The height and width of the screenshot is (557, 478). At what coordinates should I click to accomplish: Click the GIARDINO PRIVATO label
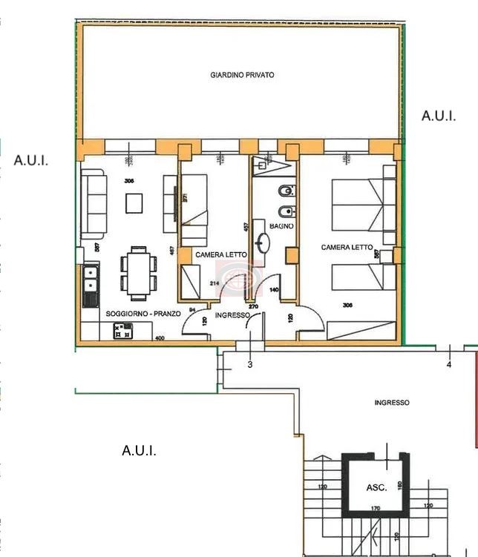click(242, 76)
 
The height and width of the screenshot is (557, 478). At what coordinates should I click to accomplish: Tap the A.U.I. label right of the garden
click(438, 116)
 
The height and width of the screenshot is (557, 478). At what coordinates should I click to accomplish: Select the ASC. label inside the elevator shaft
click(376, 488)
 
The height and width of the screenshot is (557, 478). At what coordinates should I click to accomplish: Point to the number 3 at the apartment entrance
click(249, 364)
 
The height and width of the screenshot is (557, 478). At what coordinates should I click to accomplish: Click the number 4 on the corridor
click(448, 364)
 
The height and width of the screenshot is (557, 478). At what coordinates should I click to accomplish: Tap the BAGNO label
click(281, 225)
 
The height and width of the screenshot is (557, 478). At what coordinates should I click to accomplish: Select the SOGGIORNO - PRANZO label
click(143, 314)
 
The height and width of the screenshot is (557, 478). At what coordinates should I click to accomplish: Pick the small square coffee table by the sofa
click(134, 202)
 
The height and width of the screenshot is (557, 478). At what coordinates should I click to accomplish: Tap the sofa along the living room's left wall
click(94, 202)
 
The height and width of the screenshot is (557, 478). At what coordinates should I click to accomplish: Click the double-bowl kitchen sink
click(90, 278)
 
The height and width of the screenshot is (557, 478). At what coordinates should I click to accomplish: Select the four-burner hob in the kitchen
click(122, 331)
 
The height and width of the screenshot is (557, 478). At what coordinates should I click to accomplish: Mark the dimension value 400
click(159, 338)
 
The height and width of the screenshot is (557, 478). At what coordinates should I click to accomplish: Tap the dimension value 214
click(215, 283)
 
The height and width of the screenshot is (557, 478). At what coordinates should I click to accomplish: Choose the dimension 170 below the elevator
click(376, 509)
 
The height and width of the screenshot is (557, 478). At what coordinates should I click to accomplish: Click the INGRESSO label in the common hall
click(392, 403)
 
